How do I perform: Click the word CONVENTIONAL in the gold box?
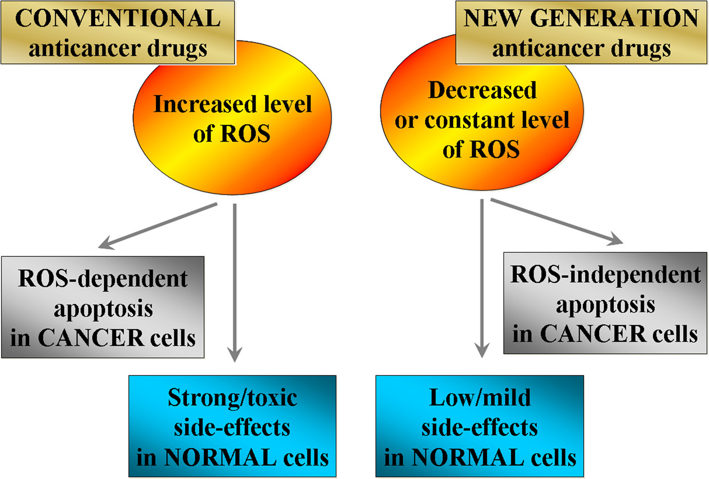pyautogui.click(x=118, y=18)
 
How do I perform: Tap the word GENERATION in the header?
pyautogui.click(x=614, y=18)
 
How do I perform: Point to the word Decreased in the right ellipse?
pyautogui.click(x=482, y=90)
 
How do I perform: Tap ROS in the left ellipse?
pyautogui.click(x=245, y=133)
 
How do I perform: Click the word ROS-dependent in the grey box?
pyautogui.click(x=103, y=278)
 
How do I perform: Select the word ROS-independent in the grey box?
pyautogui.click(x=605, y=274)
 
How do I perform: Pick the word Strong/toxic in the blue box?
pyautogui.click(x=232, y=397)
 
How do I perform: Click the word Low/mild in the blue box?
pyautogui.click(x=480, y=397)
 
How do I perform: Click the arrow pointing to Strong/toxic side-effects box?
pyautogui.click(x=235, y=282)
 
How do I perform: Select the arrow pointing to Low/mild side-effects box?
pyautogui.click(x=482, y=278)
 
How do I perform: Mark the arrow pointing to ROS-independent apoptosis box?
pyautogui.click(x=557, y=222)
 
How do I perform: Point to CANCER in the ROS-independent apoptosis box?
pyautogui.click(x=594, y=333)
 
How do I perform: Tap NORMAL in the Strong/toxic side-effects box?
pyautogui.click(x=221, y=458)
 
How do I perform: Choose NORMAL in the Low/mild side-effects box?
pyautogui.click(x=468, y=458)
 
